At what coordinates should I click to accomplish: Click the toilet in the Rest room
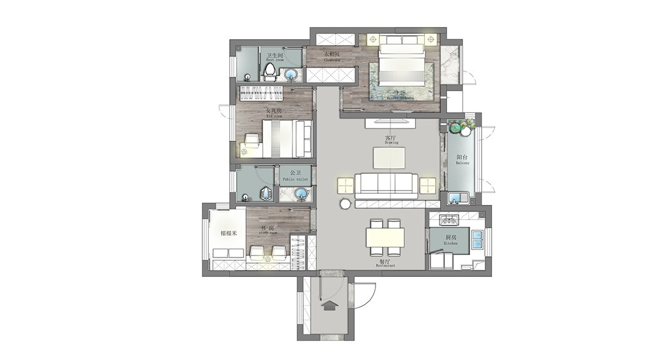[x=270, y=72]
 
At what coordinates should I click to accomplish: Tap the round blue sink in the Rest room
[x=292, y=76]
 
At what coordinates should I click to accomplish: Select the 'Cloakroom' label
[x=332, y=56]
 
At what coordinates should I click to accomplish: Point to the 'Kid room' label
[x=273, y=113]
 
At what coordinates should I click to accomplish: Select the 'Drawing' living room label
[x=391, y=139]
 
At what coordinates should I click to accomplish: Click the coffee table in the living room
[x=391, y=157]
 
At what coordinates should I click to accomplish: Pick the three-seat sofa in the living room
[x=386, y=184]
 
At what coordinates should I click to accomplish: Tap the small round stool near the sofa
[x=345, y=204]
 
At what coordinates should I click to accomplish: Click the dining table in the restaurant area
[x=385, y=237]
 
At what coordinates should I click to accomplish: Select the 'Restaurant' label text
[x=385, y=264]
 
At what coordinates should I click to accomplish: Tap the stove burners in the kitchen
[x=449, y=219]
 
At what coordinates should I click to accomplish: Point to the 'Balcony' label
[x=462, y=160]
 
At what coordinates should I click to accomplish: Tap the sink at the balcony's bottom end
[x=455, y=199]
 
